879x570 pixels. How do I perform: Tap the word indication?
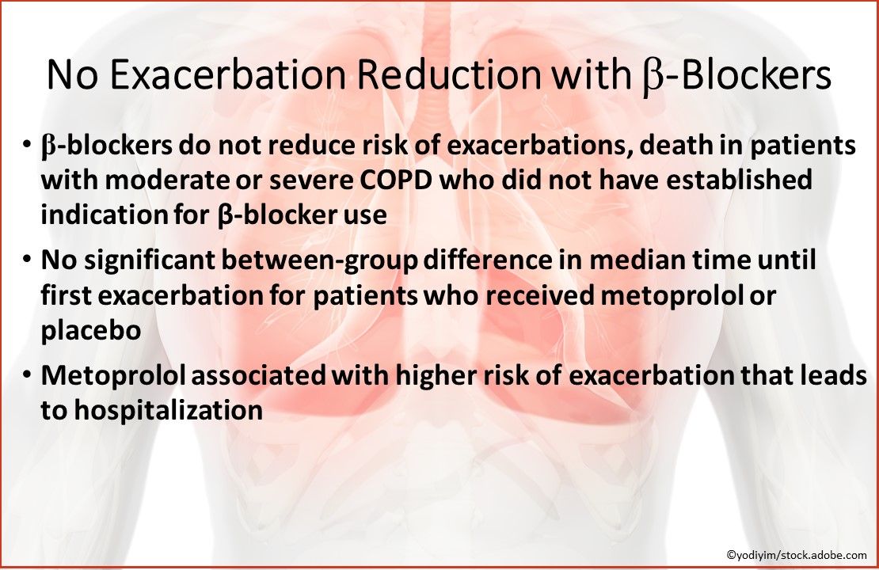coord(100,215)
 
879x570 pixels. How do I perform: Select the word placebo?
coord(91,329)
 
